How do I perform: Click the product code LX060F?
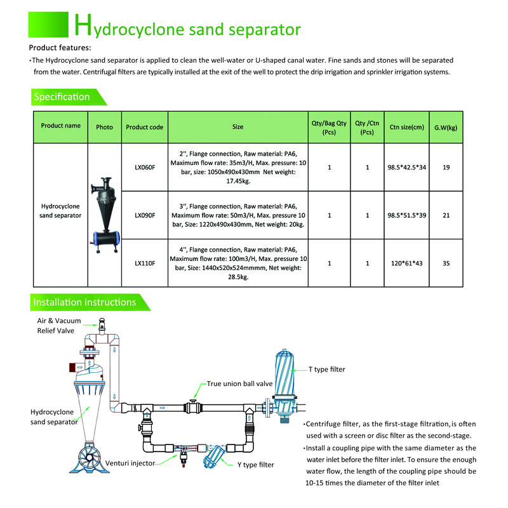pos(145,168)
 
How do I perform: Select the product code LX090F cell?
pos(145,215)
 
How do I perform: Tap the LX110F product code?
pos(145,263)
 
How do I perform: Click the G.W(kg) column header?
pos(446,127)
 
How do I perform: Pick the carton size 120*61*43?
pos(407,263)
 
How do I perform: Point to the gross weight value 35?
pos(446,263)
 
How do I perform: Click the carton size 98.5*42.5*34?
pos(407,168)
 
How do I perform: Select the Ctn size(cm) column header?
pos(407,127)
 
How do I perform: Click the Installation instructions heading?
pos(85,302)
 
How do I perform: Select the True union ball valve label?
pos(239,384)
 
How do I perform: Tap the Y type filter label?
pos(255,465)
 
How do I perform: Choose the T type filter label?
pos(327,369)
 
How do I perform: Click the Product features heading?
pos(60,48)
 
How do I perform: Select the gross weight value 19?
pos(446,168)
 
